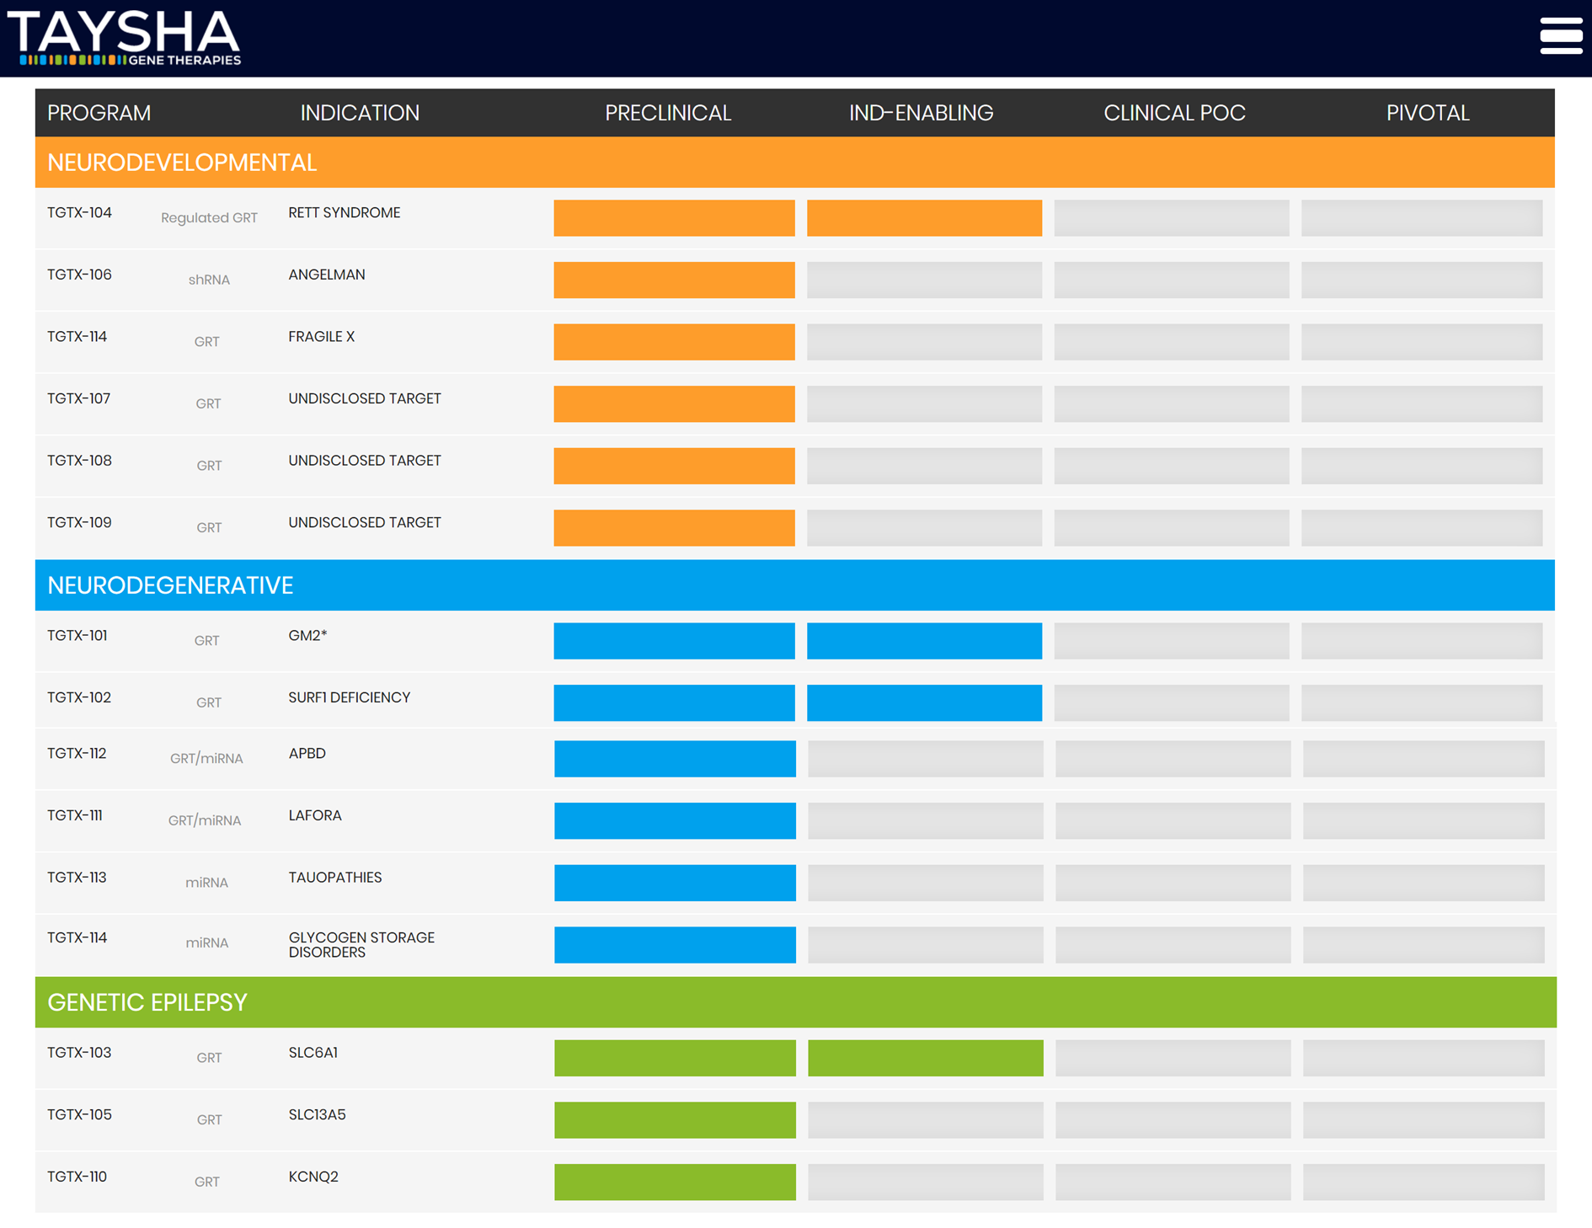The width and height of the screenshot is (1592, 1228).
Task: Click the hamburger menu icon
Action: point(1561,36)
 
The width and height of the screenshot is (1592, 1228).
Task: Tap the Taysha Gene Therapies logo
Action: point(125,38)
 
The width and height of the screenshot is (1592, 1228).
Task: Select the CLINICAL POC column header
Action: point(1173,113)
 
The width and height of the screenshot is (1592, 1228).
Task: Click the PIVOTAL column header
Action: point(1427,113)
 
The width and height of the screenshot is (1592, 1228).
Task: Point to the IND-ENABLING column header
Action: point(921,113)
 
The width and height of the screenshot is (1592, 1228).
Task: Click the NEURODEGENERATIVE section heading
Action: point(170,585)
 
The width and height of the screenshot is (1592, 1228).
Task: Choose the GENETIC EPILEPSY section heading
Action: point(147,1002)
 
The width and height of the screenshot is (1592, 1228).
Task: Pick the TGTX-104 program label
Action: point(79,213)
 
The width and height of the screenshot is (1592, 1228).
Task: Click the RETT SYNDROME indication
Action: point(344,213)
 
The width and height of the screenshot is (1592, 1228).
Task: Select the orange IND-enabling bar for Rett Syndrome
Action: point(924,218)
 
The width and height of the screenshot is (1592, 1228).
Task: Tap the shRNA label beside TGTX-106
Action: point(208,280)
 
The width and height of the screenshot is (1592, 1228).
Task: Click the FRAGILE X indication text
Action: point(321,337)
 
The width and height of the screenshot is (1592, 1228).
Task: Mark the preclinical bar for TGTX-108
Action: point(674,466)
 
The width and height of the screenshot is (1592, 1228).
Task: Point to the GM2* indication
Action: point(307,636)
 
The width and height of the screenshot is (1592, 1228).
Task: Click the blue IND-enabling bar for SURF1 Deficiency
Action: point(924,702)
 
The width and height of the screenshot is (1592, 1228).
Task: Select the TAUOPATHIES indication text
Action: point(334,878)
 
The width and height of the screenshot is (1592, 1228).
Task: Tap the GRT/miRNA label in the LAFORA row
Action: point(205,820)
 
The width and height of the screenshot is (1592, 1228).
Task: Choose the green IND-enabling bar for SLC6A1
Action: point(925,1058)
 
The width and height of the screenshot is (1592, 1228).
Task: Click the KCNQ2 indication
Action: point(313,1177)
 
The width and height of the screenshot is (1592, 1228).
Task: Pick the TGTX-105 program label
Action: point(79,1115)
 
